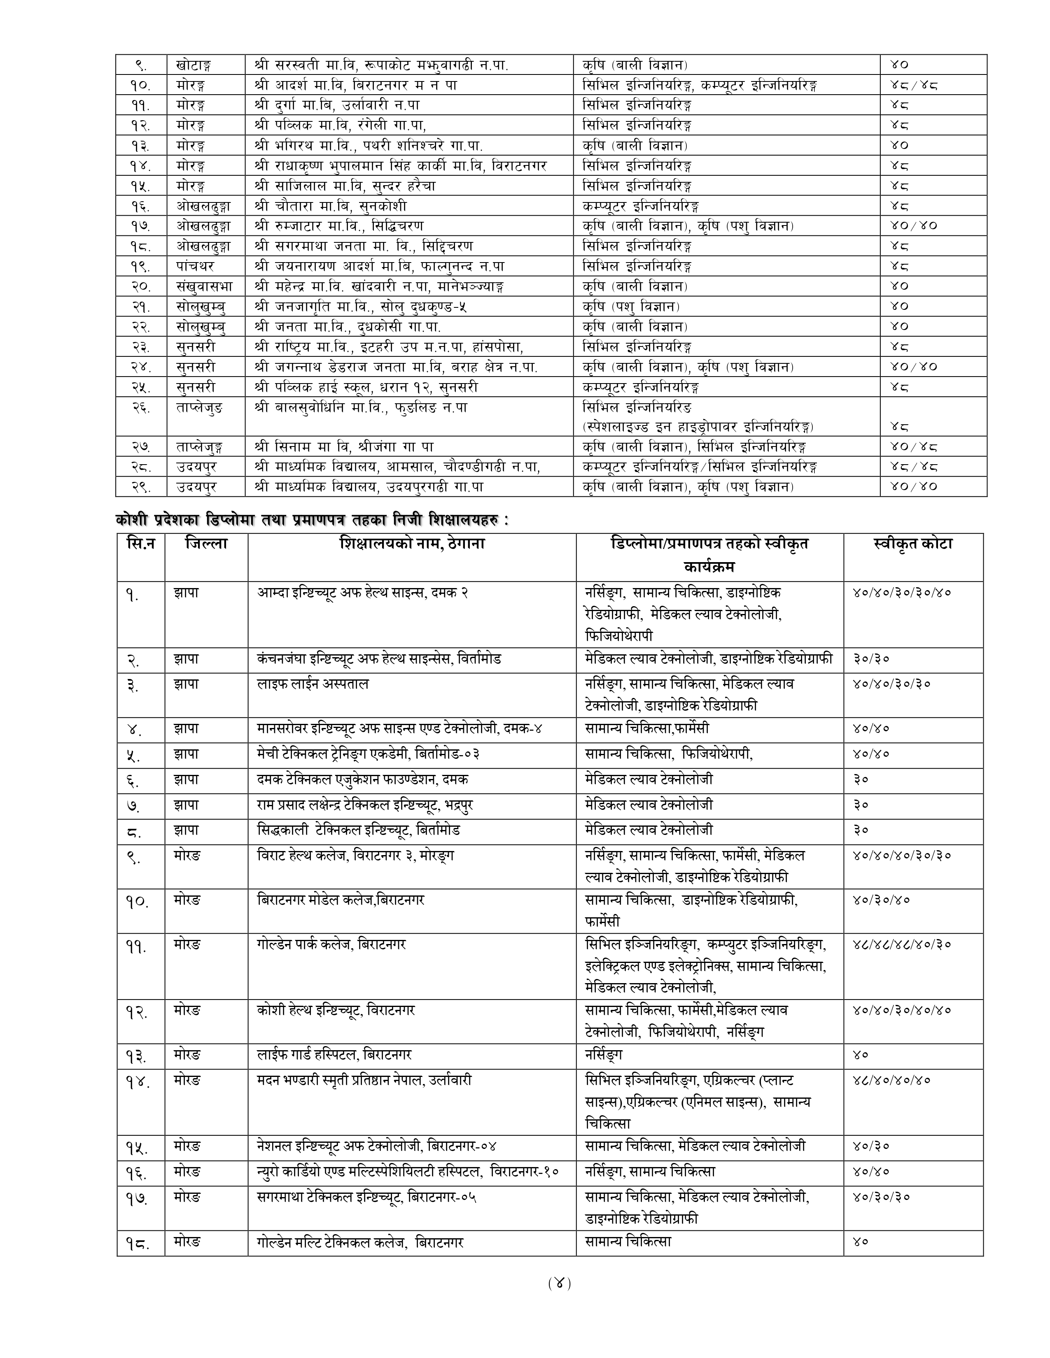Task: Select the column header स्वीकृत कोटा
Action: coord(912,544)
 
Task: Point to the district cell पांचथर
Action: coord(195,266)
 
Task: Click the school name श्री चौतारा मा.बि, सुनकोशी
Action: coord(330,206)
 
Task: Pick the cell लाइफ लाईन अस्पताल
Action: coord(313,684)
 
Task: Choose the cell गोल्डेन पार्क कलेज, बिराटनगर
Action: coord(331,944)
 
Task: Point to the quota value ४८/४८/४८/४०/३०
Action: coord(901,944)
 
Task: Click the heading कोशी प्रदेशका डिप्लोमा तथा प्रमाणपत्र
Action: coord(311,520)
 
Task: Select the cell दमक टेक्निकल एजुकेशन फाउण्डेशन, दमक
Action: coord(363,779)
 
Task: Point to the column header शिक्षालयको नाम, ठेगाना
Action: coord(412,544)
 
